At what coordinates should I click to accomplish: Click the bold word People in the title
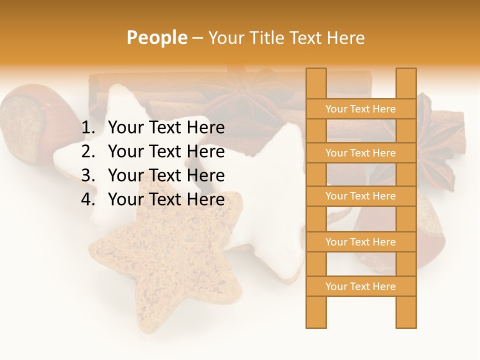(x=156, y=37)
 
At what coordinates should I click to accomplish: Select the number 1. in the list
(x=88, y=128)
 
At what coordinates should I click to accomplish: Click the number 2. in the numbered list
(x=88, y=151)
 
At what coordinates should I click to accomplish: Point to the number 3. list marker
(x=88, y=175)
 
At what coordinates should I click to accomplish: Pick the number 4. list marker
(x=88, y=199)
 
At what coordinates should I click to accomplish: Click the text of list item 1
(x=166, y=128)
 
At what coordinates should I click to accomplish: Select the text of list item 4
(x=166, y=199)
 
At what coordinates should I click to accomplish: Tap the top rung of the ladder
(x=360, y=109)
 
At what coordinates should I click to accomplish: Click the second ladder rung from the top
(x=360, y=153)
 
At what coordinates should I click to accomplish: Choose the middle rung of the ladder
(x=360, y=196)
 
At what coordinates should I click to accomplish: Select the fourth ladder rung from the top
(x=360, y=242)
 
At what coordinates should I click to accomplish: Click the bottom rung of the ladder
(x=360, y=286)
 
